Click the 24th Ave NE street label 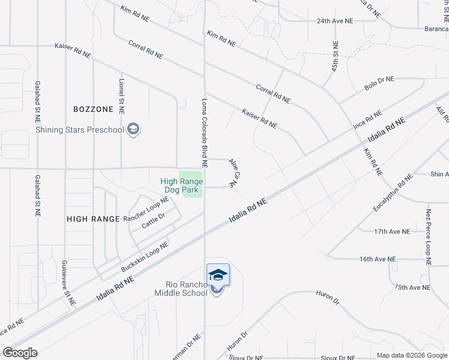335,20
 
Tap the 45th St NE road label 336,56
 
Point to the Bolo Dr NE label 379,83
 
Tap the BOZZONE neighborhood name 93,109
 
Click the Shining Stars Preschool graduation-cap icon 133,130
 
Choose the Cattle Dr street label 153,220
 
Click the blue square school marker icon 218,274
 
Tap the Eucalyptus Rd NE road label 393,193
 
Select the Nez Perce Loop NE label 429,237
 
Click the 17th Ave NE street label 391,231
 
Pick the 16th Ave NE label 378,259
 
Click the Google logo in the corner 20,353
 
